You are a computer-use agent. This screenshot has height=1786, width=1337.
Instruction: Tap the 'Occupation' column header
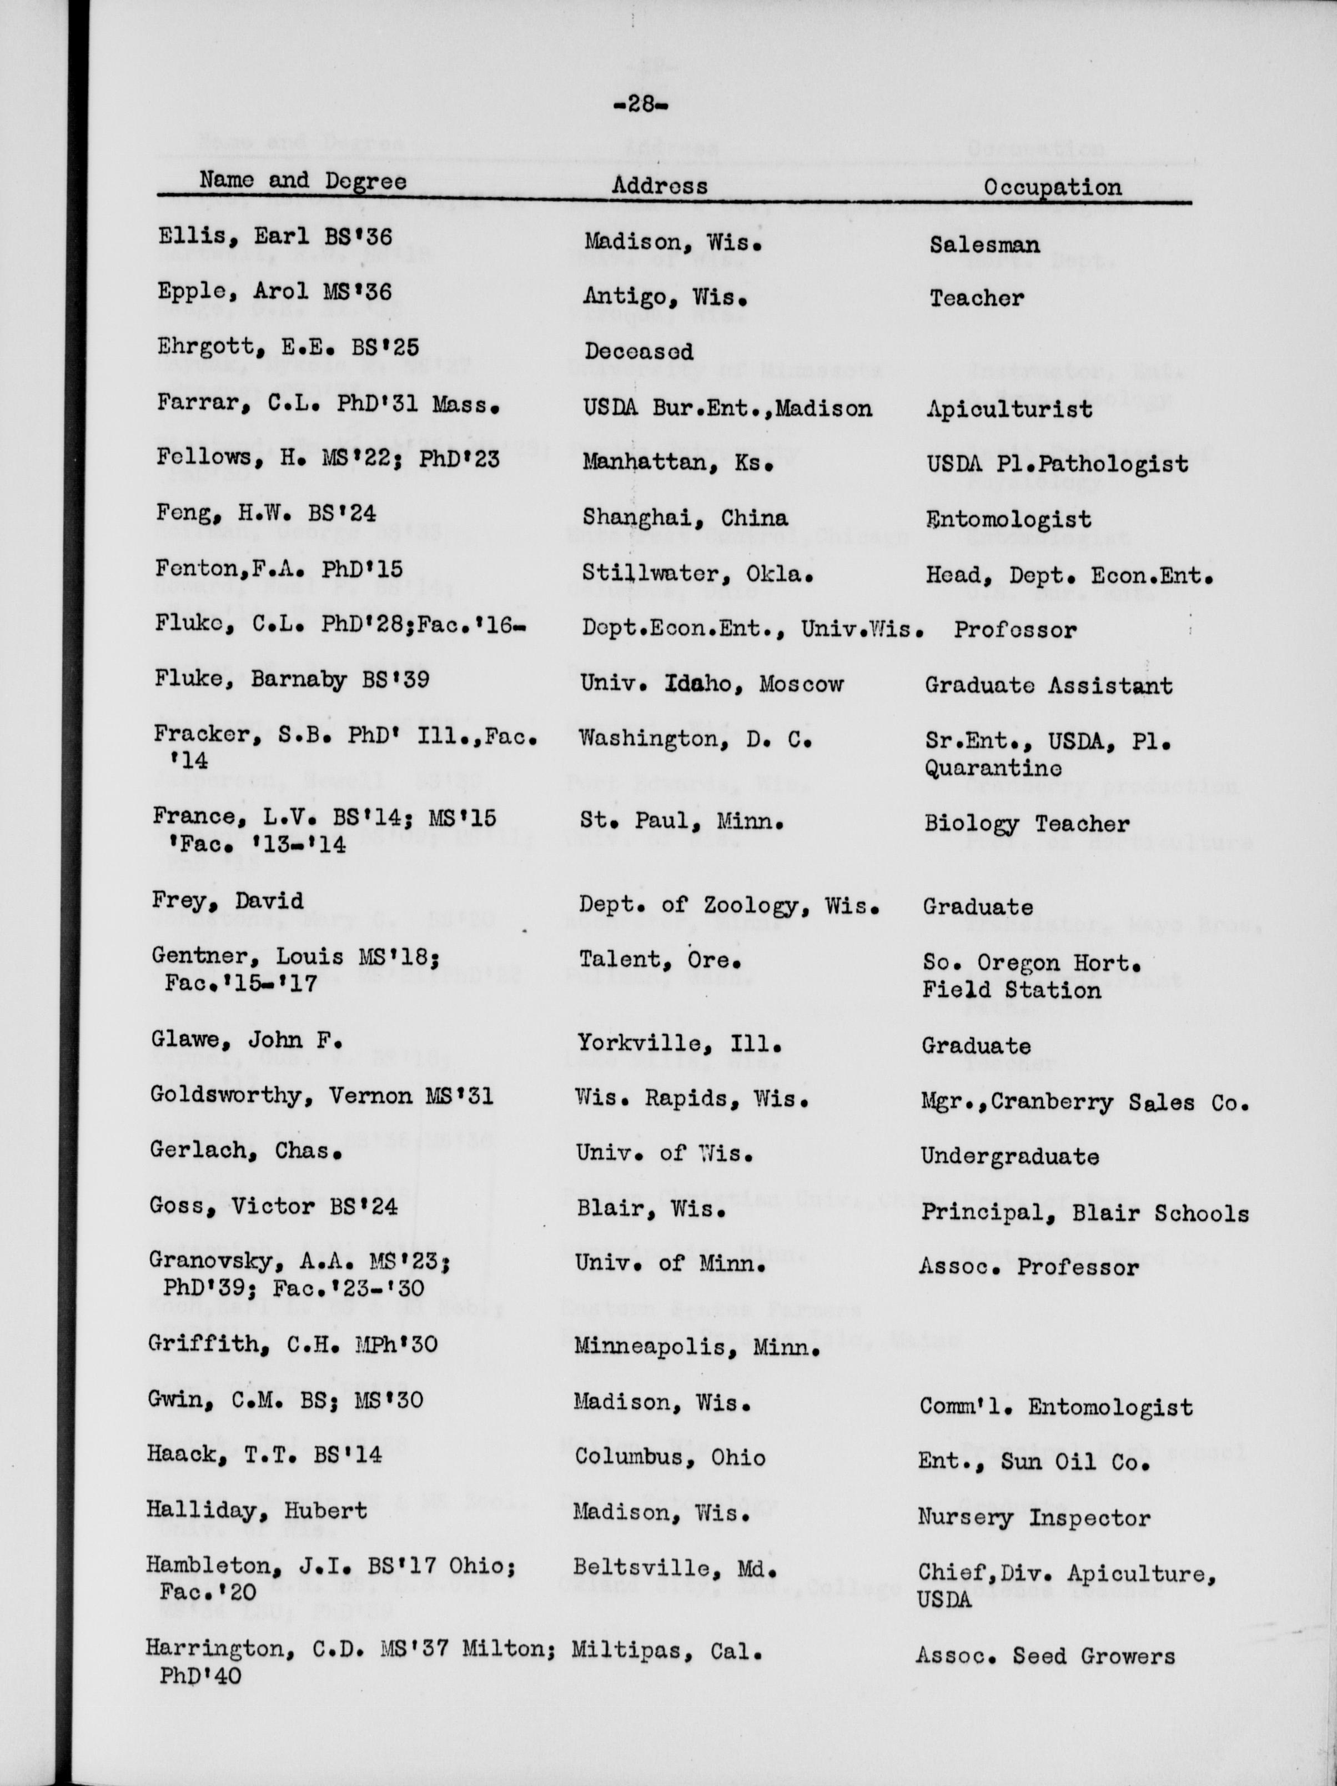pyautogui.click(x=1052, y=187)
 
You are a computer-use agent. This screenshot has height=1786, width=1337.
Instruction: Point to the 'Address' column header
pyautogui.click(x=659, y=185)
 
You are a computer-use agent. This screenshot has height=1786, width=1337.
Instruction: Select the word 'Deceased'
pyautogui.click(x=639, y=351)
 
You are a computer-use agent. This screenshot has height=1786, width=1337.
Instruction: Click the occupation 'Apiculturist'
pyautogui.click(x=1009, y=409)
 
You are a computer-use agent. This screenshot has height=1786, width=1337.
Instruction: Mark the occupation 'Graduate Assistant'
pyautogui.click(x=1048, y=685)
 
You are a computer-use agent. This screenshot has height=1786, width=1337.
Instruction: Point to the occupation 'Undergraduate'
pyautogui.click(x=1009, y=1156)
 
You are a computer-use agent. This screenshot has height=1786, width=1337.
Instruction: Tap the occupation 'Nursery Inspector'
pyautogui.click(x=1033, y=1517)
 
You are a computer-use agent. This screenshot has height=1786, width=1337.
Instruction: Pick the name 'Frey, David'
pyautogui.click(x=227, y=901)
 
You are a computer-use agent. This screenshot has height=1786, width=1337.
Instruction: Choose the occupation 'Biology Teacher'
pyautogui.click(x=1026, y=824)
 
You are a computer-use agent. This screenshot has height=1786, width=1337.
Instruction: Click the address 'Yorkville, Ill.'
pyautogui.click(x=679, y=1044)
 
